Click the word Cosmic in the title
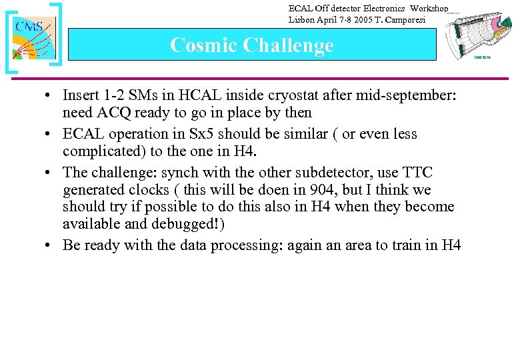click(203, 45)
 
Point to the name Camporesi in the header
click(417, 19)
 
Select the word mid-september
click(407, 95)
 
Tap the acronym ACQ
click(122, 112)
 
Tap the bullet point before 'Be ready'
click(50, 245)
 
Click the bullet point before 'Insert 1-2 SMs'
click(50, 95)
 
